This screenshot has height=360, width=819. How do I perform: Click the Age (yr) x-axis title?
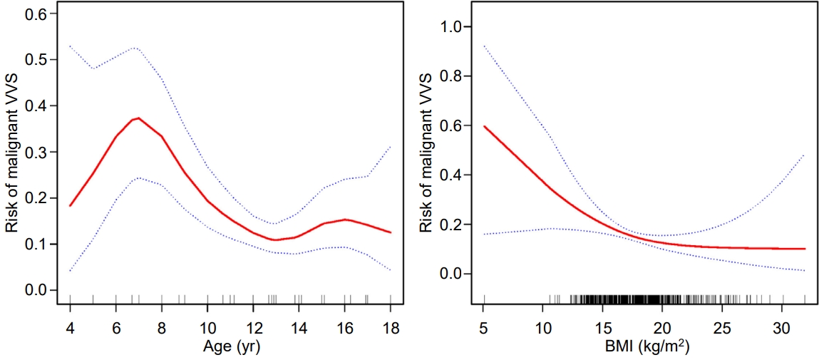(230, 348)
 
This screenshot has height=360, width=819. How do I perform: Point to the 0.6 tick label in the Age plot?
(36, 14)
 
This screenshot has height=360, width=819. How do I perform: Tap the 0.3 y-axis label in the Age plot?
(36, 152)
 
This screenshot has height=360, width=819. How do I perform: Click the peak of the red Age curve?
(138, 118)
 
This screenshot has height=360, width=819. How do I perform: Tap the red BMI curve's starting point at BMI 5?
(485, 126)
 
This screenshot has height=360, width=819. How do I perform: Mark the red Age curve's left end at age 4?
(70, 205)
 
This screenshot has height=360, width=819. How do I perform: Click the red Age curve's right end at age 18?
(391, 232)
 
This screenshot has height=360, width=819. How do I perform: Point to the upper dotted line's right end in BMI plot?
(805, 154)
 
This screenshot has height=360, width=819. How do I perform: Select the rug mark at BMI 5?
(485, 299)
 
